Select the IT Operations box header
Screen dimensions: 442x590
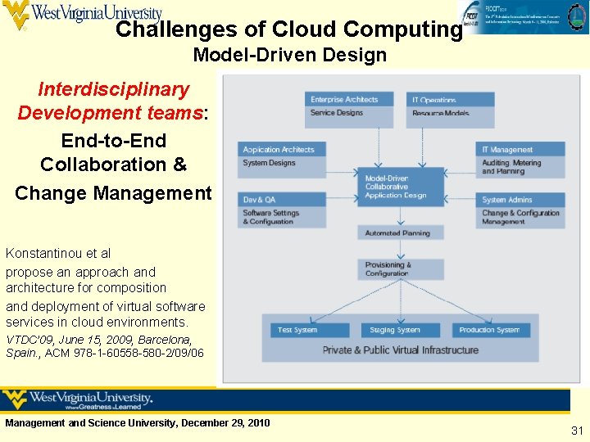450,100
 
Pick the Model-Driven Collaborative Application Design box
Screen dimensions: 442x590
401,187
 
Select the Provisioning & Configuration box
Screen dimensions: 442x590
401,269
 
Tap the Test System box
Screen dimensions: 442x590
310,330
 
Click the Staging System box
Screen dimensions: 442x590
401,330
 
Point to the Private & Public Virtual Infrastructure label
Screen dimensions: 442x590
401,350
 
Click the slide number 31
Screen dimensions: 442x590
577,431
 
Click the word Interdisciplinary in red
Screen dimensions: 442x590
113,89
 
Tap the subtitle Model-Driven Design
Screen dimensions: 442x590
289,56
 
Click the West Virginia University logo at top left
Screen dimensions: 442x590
82,15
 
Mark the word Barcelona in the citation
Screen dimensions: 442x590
165,340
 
